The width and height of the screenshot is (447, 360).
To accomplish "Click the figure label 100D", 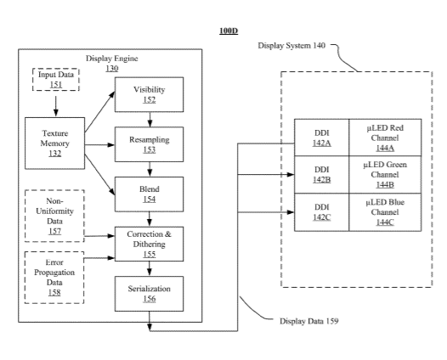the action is click(x=229, y=31).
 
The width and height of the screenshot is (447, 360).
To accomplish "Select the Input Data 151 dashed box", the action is click(x=56, y=80).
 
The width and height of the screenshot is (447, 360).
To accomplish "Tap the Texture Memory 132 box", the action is click(x=54, y=143).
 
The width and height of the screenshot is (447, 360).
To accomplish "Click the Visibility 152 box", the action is click(x=149, y=94).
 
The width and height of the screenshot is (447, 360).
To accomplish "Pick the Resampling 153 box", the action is click(x=149, y=144).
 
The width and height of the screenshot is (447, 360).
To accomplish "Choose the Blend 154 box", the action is click(x=149, y=194).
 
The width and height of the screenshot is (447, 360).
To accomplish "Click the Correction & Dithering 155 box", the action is click(x=149, y=244).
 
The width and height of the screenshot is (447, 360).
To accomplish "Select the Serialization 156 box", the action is click(x=149, y=294).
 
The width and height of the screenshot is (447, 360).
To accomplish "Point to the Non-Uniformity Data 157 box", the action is click(x=54, y=216).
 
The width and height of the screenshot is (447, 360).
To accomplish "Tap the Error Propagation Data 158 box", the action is click(x=54, y=278).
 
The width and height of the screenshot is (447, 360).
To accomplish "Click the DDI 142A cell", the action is click(x=321, y=138).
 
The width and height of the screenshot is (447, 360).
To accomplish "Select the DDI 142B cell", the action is click(x=321, y=175).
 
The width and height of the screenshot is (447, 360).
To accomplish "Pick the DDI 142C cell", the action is click(x=321, y=212).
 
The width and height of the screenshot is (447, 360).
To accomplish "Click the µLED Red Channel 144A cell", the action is click(x=385, y=138).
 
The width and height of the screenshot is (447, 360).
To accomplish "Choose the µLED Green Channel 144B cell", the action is click(x=385, y=175).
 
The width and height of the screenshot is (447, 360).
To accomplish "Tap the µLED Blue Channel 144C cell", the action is click(x=385, y=212).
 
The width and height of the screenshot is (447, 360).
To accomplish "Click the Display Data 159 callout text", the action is click(x=309, y=321).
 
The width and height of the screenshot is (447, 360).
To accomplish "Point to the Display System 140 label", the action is click(x=291, y=46).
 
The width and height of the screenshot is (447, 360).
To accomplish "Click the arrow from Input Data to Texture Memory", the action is click(x=56, y=106).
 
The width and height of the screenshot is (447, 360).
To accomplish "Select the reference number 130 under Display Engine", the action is click(x=112, y=69).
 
